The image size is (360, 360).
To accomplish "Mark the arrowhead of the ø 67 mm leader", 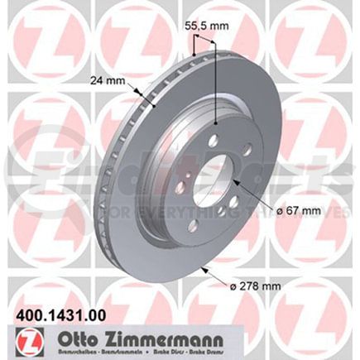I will [233, 181].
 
